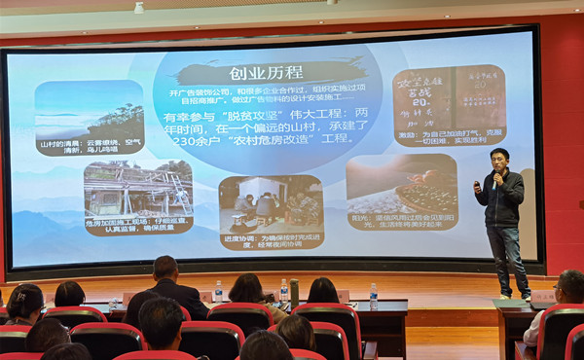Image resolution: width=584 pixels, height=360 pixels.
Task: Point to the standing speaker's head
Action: pos(499,159)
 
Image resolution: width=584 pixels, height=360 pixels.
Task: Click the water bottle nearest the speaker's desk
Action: pos(373,296)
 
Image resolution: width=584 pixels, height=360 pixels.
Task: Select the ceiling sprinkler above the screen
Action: pos(138,8)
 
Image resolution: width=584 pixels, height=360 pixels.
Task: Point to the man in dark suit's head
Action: pos(165,268)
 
